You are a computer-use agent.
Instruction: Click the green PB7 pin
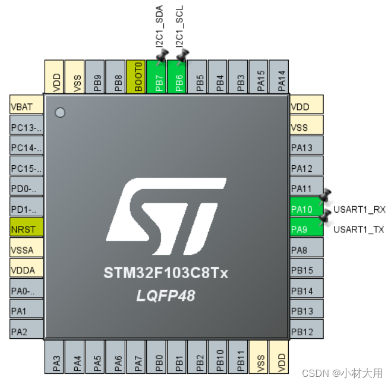[157, 77]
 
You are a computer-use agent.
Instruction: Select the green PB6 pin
[177, 77]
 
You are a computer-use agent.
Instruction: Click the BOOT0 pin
[136, 77]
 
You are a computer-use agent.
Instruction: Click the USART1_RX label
[359, 209]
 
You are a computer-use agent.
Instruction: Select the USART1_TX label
[359, 229]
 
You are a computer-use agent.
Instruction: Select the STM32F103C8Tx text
[166, 274]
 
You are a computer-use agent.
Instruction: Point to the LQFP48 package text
[166, 295]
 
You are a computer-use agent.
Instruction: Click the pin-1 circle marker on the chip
[60, 112]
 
